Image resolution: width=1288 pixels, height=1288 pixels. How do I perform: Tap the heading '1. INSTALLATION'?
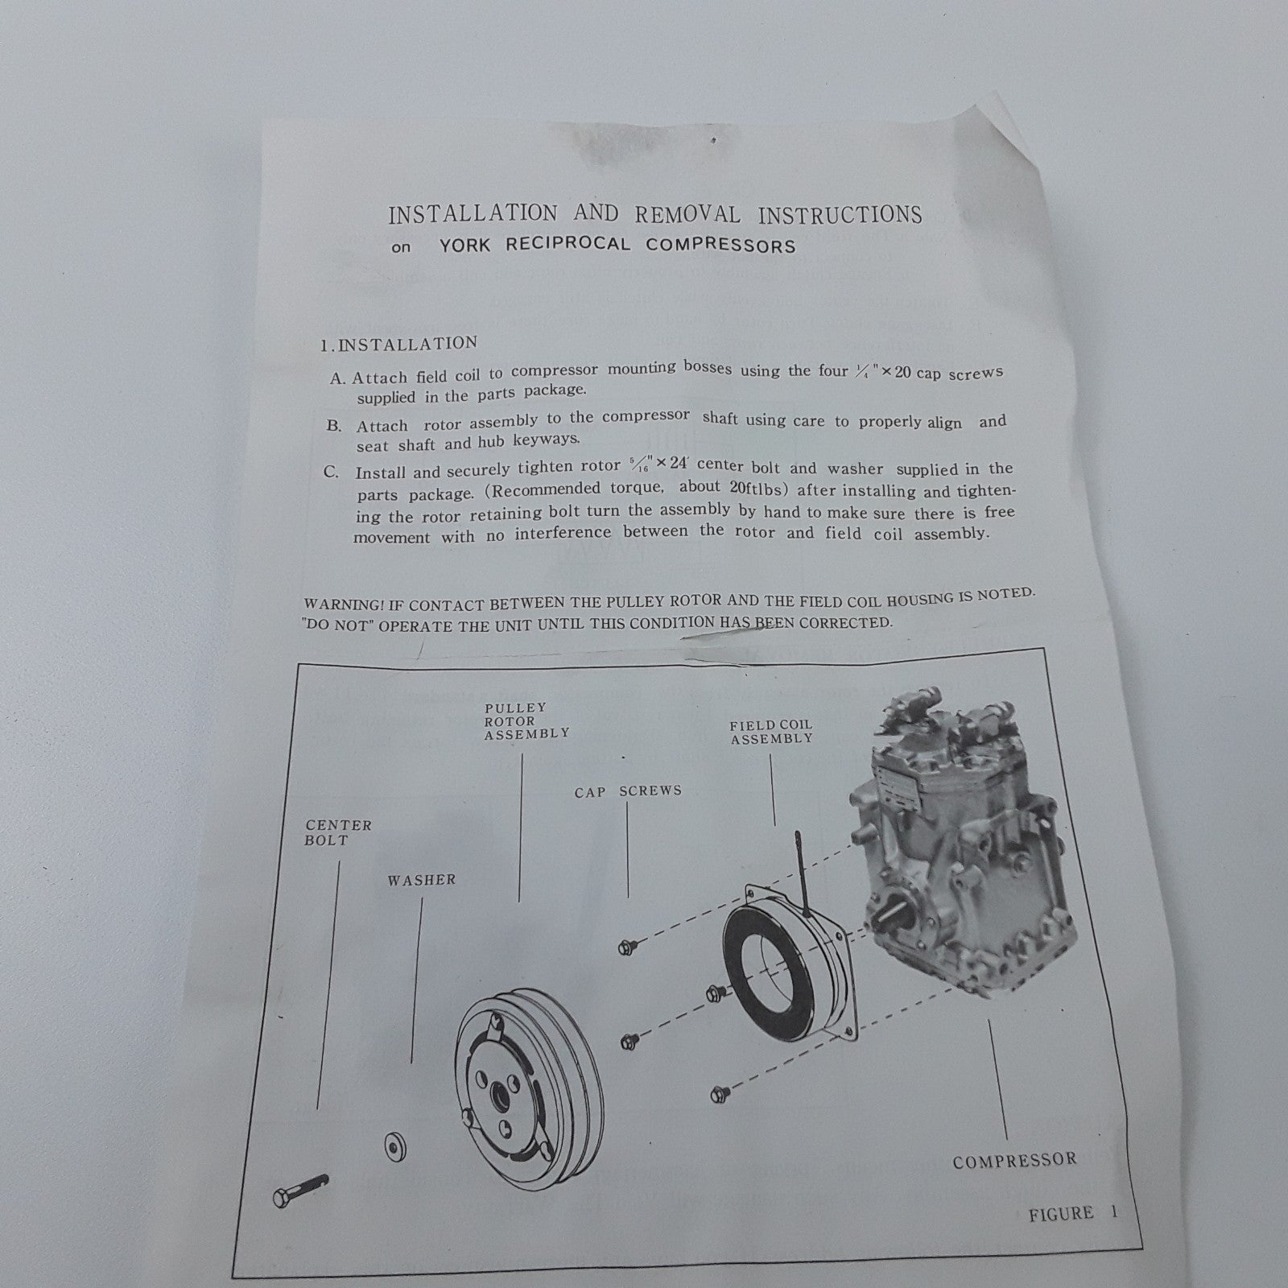[398, 344]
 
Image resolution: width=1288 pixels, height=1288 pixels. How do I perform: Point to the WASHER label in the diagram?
[421, 880]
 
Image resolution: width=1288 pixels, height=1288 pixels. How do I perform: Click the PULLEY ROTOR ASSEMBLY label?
[526, 720]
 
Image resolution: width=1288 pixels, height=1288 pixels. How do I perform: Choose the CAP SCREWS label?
[628, 791]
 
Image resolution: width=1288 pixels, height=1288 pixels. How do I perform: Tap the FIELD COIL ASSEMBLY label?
[771, 732]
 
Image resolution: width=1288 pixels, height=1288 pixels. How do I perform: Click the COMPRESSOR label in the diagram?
[1014, 1161]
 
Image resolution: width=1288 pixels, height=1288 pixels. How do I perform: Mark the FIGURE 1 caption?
[1073, 1213]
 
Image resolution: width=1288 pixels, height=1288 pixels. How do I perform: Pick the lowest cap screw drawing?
[718, 1094]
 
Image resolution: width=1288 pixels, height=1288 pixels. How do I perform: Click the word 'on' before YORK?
[400, 248]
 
